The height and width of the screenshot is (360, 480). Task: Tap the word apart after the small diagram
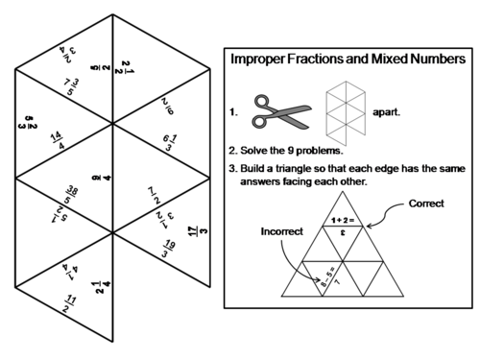pyautogui.click(x=387, y=111)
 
